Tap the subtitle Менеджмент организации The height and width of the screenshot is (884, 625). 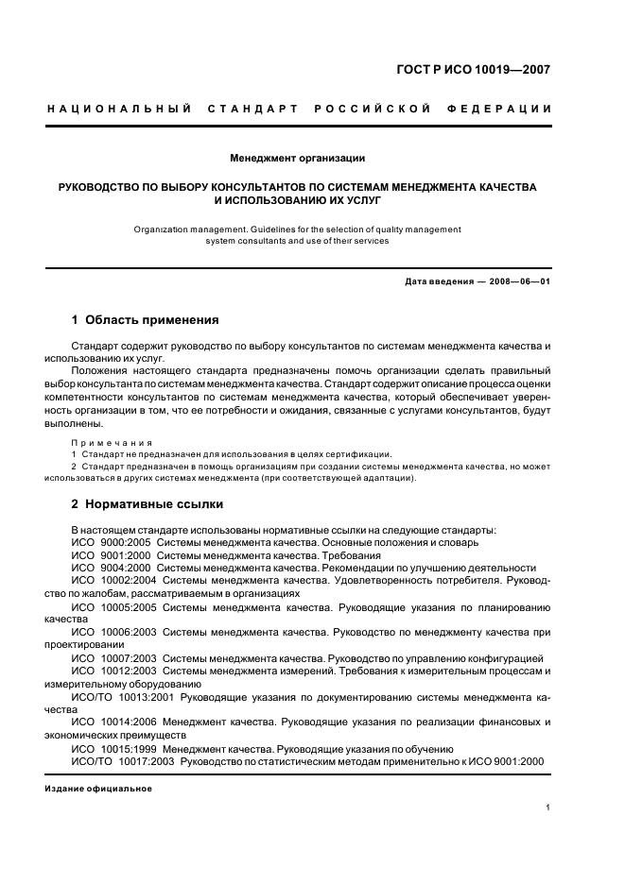pyautogui.click(x=298, y=158)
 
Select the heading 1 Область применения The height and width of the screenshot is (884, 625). pyautogui.click(x=146, y=320)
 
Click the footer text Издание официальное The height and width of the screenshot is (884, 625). pyautogui.click(x=98, y=788)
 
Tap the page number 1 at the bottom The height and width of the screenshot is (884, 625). pyautogui.click(x=548, y=807)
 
